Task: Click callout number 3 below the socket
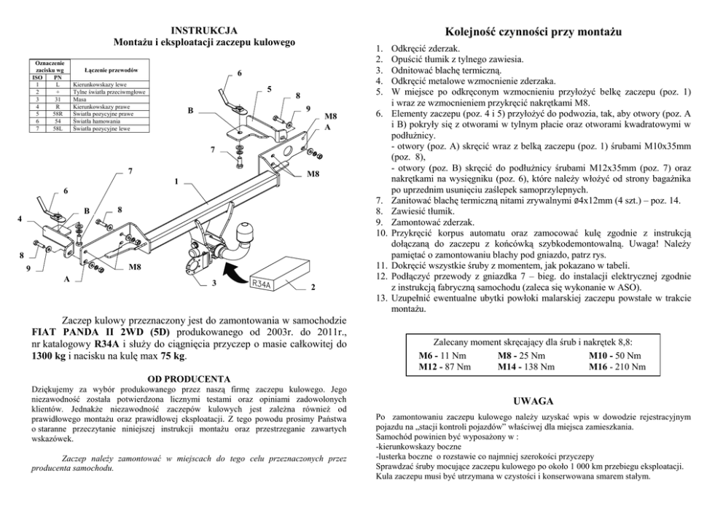(x=214, y=283)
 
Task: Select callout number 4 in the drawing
(x=20, y=217)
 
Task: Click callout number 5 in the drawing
(x=269, y=90)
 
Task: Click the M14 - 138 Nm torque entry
(x=525, y=366)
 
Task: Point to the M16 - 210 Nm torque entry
(x=617, y=366)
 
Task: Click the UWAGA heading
(x=533, y=401)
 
